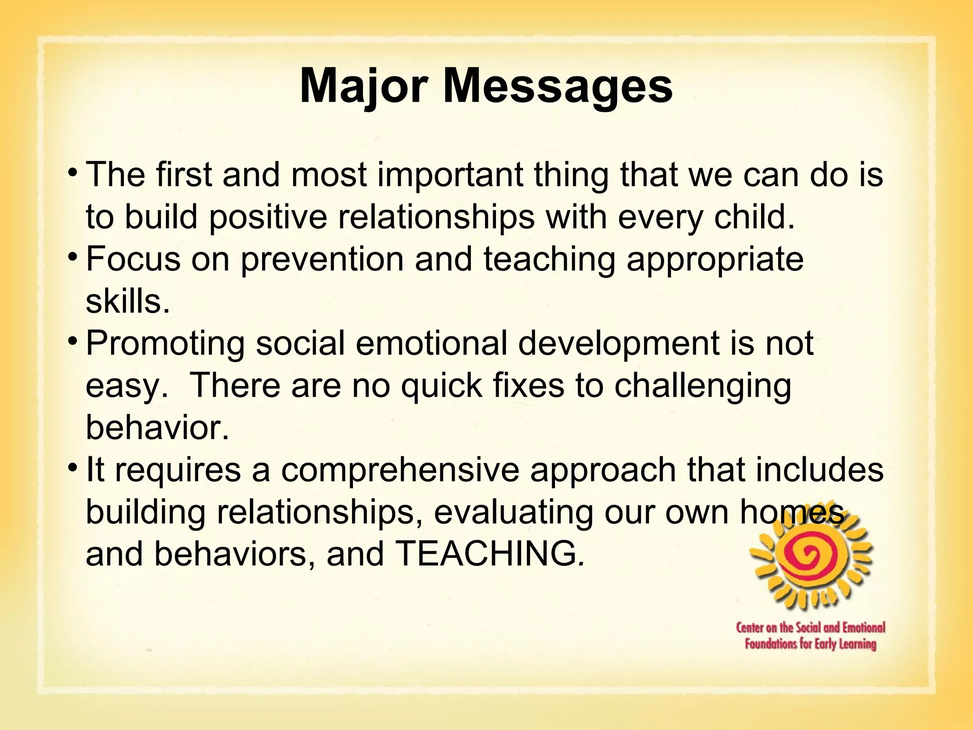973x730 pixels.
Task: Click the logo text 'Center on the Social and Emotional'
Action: click(811, 628)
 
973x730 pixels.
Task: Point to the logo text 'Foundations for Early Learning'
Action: click(811, 644)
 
